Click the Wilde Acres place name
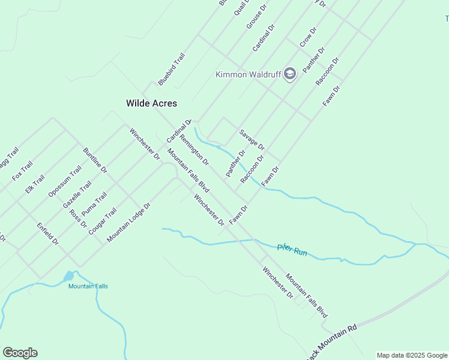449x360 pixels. pos(151,103)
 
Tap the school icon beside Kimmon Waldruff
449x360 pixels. pos(290,74)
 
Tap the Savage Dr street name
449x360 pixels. pos(252,139)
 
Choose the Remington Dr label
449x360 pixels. pos(194,149)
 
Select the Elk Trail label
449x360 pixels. pos(35,184)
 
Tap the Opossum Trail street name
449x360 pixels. pos(65,181)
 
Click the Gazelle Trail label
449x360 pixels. pos(77,194)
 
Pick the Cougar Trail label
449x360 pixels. pos(102,221)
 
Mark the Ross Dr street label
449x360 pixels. pos(78,219)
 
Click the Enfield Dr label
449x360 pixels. pos(47,235)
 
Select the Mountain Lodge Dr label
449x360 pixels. pos(128,223)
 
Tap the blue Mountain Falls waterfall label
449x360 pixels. pos(88,286)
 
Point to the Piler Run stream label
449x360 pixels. pos(292,250)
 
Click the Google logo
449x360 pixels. pos(20,353)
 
